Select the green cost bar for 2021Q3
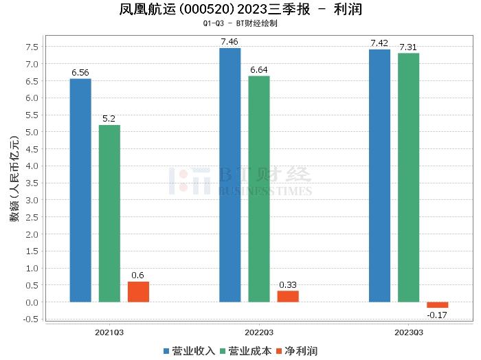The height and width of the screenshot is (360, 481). click(x=109, y=214)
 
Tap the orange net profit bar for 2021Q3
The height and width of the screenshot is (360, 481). click(x=138, y=292)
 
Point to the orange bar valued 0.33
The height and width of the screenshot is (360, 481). click(x=288, y=296)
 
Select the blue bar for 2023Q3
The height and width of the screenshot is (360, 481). click(x=379, y=176)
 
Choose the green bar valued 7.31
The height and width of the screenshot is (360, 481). click(x=408, y=178)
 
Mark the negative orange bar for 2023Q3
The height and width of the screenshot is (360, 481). click(x=437, y=305)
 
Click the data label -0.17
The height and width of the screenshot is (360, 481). click(x=437, y=315)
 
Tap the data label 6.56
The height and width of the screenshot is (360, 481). click(x=80, y=71)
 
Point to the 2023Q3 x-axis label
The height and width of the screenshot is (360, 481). click(x=408, y=332)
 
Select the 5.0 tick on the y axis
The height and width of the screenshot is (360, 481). click(x=32, y=132)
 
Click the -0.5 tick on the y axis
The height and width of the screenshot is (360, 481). click(x=31, y=319)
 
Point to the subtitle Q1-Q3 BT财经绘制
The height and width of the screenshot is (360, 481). click(x=240, y=23)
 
